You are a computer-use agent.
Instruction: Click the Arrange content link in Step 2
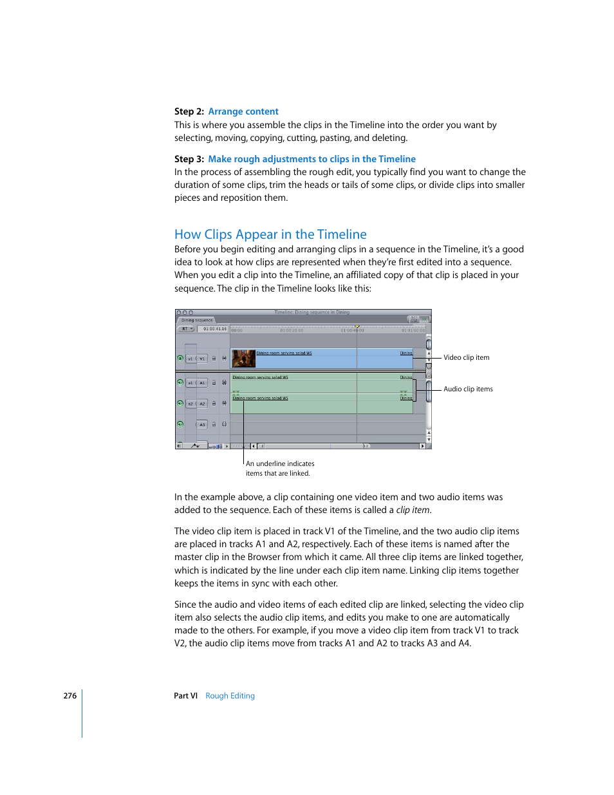(243, 111)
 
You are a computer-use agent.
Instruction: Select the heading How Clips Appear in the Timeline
(270, 234)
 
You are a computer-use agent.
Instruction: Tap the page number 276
(70, 696)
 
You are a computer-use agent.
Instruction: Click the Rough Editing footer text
(230, 696)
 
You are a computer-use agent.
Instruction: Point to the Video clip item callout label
(466, 358)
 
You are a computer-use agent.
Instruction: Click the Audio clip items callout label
(468, 389)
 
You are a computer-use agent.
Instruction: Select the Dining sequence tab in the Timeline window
(197, 320)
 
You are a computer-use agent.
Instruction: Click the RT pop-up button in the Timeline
(186, 329)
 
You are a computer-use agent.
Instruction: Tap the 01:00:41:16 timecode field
(215, 329)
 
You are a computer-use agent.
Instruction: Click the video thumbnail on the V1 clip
(244, 359)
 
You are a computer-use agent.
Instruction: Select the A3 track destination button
(202, 424)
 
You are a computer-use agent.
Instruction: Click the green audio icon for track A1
(180, 382)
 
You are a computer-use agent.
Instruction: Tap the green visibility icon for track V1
(180, 359)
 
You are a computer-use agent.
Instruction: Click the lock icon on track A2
(214, 404)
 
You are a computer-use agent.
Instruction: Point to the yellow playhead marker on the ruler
(357, 327)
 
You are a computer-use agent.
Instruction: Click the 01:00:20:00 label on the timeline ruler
(292, 330)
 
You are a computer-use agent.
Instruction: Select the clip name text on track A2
(260, 398)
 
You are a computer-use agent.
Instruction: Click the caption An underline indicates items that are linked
(279, 468)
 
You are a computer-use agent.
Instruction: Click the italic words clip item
(413, 510)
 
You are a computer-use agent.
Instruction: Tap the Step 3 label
(189, 159)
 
